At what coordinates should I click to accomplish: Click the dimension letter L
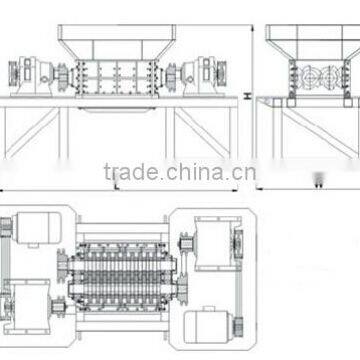(x=119, y=184)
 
